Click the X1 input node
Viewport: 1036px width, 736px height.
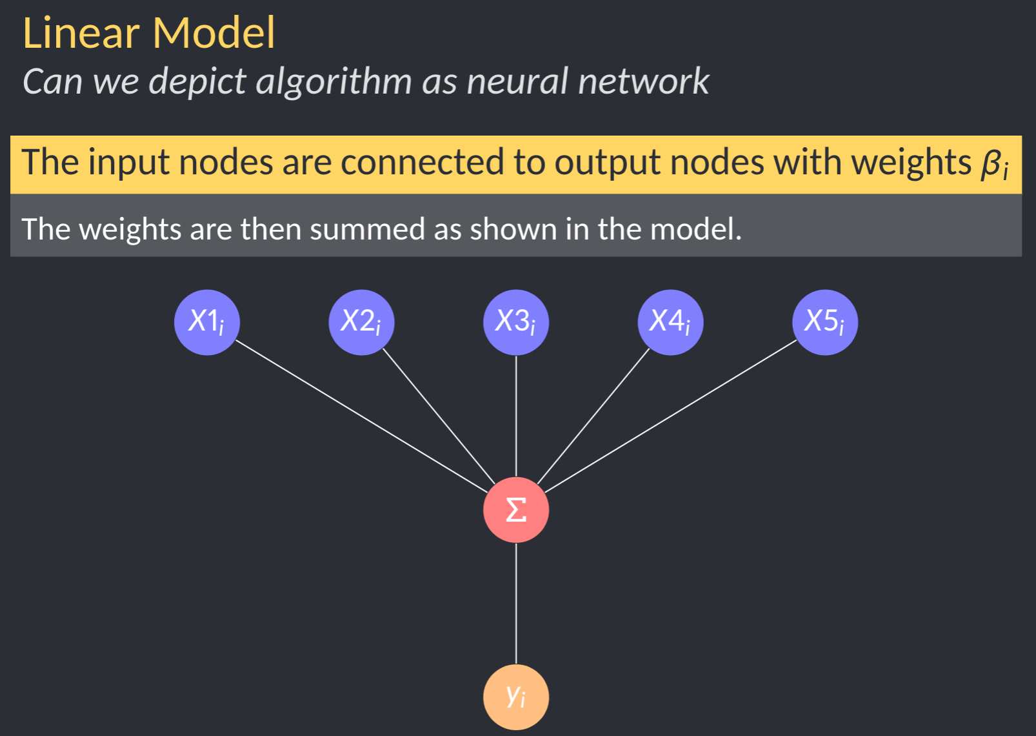(207, 322)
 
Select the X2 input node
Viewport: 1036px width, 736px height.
(361, 322)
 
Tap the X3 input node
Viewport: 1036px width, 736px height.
(516, 322)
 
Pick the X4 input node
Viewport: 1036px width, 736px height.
(670, 322)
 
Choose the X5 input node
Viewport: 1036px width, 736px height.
(825, 322)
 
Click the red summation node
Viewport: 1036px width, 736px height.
(516, 510)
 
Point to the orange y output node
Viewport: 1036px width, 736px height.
(516, 697)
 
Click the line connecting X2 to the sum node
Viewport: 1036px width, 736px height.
(439, 416)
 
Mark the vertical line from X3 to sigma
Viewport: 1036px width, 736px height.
(516, 416)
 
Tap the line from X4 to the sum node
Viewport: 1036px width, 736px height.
(593, 416)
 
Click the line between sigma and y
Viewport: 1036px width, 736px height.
(516, 604)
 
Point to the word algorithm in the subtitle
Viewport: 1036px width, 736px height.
(334, 82)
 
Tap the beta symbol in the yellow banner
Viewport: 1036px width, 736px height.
(991, 163)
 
